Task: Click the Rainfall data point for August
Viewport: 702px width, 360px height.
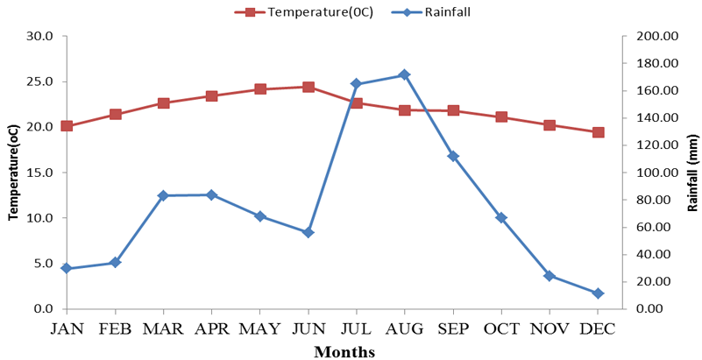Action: (404, 74)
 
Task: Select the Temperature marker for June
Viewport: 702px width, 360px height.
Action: (308, 87)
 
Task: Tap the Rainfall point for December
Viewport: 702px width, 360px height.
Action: (598, 293)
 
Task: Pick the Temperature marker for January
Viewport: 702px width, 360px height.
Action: (67, 126)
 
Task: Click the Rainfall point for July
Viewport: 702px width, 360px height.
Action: (356, 84)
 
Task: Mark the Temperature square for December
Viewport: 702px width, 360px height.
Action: (598, 132)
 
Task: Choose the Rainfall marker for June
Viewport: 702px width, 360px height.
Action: (308, 232)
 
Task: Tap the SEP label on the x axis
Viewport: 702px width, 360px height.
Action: (453, 329)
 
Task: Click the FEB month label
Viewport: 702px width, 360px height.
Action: (115, 329)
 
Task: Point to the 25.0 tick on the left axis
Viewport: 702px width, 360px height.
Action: (39, 81)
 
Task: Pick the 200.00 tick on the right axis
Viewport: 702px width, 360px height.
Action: (655, 36)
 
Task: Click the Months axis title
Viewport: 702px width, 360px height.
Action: (344, 352)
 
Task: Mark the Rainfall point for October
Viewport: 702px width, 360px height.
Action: (501, 217)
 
